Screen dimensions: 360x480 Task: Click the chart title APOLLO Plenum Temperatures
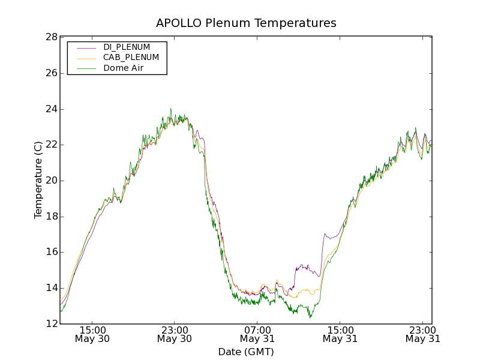tap(246, 23)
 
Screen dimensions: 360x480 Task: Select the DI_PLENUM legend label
tap(127, 47)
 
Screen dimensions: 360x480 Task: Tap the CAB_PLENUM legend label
tap(131, 58)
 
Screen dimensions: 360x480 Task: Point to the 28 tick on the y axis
tap(51, 37)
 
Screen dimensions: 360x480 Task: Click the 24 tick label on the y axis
tap(51, 109)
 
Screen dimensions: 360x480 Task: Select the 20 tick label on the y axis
tap(51, 181)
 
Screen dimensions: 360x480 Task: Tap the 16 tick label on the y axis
tap(51, 252)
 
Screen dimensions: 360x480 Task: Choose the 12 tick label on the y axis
tap(51, 324)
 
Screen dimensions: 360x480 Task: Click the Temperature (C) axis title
tap(38, 180)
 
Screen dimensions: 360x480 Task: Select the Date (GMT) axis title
tap(246, 352)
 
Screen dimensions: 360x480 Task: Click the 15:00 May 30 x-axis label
tap(92, 334)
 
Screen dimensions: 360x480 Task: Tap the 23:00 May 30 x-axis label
tap(175, 334)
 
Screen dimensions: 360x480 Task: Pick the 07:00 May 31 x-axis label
tap(257, 334)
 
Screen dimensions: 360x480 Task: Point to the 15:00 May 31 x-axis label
tap(340, 334)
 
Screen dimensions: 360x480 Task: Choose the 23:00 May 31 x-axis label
tap(422, 334)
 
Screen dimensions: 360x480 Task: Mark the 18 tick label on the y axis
tap(51, 217)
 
